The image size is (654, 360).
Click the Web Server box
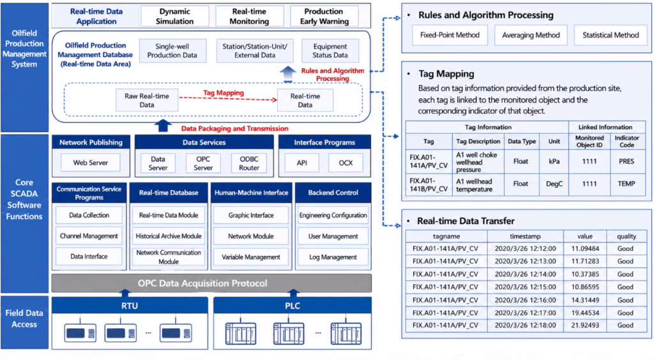[91, 163]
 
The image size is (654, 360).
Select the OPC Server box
[203, 163]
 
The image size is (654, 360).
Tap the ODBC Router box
[249, 163]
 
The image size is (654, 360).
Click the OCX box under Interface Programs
[346, 163]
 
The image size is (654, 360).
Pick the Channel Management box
[89, 236]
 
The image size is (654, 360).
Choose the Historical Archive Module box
[169, 236]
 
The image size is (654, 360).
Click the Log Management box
[333, 257]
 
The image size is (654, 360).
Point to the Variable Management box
[250, 257]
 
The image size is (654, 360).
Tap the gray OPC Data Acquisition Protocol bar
[211, 283]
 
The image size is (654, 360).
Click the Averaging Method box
[531, 35]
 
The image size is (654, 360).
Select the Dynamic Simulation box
[175, 16]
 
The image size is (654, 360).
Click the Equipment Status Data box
[330, 51]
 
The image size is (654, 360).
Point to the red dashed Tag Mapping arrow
[228, 98]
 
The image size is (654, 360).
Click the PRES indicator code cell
[627, 161]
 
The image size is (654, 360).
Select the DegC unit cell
[554, 184]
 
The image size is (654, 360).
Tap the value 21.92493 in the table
[585, 326]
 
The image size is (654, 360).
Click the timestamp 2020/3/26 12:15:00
[525, 287]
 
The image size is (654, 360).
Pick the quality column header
[626, 236]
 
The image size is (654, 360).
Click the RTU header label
[130, 306]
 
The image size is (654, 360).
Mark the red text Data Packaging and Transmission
[235, 128]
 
